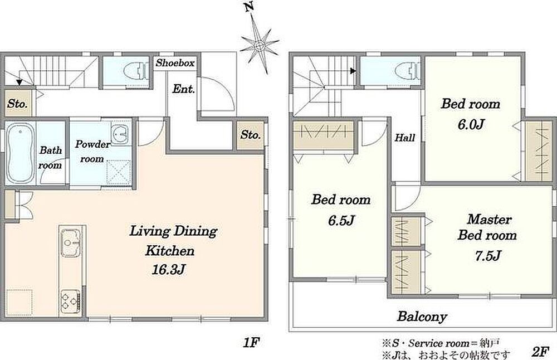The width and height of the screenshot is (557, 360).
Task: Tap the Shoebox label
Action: [175, 63]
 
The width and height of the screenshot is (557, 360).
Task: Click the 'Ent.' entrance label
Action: [184, 89]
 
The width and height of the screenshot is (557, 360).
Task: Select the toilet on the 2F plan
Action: [409, 70]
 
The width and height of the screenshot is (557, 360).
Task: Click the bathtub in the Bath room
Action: [21, 153]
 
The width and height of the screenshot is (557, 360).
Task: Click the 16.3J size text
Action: [169, 270]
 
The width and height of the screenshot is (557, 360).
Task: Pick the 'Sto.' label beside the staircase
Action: [17, 104]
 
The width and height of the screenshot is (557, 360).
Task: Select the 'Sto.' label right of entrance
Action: [251, 135]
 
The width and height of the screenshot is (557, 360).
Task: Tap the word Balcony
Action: [422, 317]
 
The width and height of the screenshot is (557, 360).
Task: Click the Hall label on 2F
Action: [405, 137]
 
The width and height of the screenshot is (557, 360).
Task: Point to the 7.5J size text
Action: [488, 255]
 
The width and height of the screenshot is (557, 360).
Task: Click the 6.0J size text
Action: [471, 124]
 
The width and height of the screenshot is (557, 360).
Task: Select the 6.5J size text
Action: [341, 221]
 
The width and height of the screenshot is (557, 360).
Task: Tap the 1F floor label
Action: [252, 343]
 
